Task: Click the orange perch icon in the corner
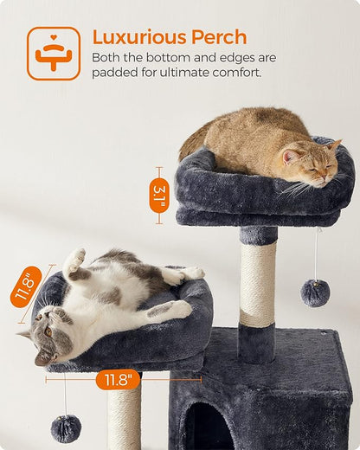coord(53,54)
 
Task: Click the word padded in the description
coord(116,73)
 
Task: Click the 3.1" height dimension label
coord(159,196)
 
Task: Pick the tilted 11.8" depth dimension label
coord(26,286)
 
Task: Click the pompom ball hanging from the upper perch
coord(314,293)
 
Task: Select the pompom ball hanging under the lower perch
coord(66,427)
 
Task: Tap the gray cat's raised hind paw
coord(76,258)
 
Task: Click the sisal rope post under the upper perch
coord(257,283)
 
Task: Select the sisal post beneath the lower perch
coord(125,415)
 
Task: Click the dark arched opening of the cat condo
coord(207,428)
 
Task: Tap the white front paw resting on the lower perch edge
coord(180,309)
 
